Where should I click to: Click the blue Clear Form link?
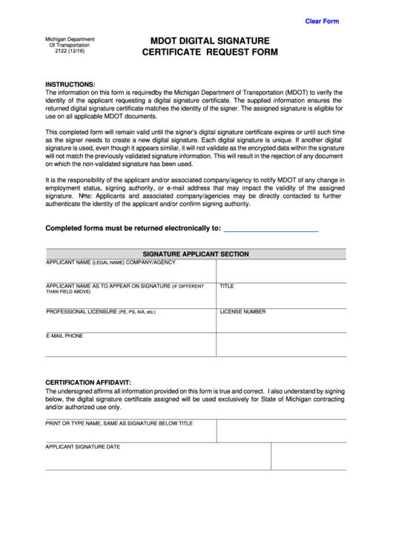(x=322, y=21)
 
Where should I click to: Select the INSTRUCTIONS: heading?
(x=70, y=84)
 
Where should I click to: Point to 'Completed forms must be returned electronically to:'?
(x=133, y=228)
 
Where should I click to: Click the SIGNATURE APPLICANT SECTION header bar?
(x=196, y=254)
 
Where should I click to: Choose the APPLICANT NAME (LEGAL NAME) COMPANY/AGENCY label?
(x=110, y=263)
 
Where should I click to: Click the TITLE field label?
(x=227, y=286)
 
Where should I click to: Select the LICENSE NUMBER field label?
(x=242, y=312)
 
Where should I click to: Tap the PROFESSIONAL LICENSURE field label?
(x=101, y=312)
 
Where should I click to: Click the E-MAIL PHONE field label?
(x=65, y=336)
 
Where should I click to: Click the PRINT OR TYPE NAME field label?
(x=119, y=423)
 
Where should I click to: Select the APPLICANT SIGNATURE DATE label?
(x=83, y=447)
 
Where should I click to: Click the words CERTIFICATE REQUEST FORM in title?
(x=210, y=53)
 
